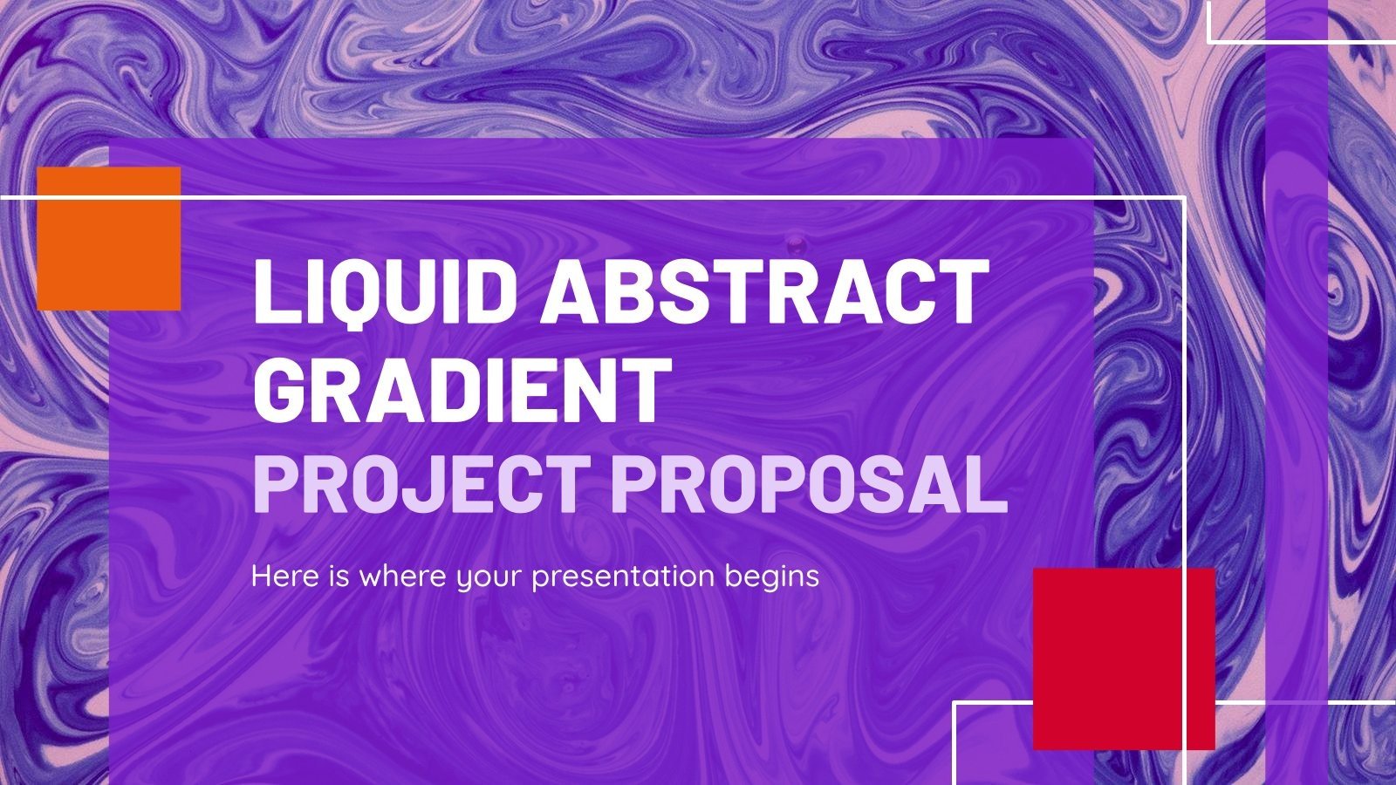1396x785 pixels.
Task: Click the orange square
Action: tap(109, 238)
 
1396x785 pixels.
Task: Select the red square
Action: tap(1124, 659)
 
